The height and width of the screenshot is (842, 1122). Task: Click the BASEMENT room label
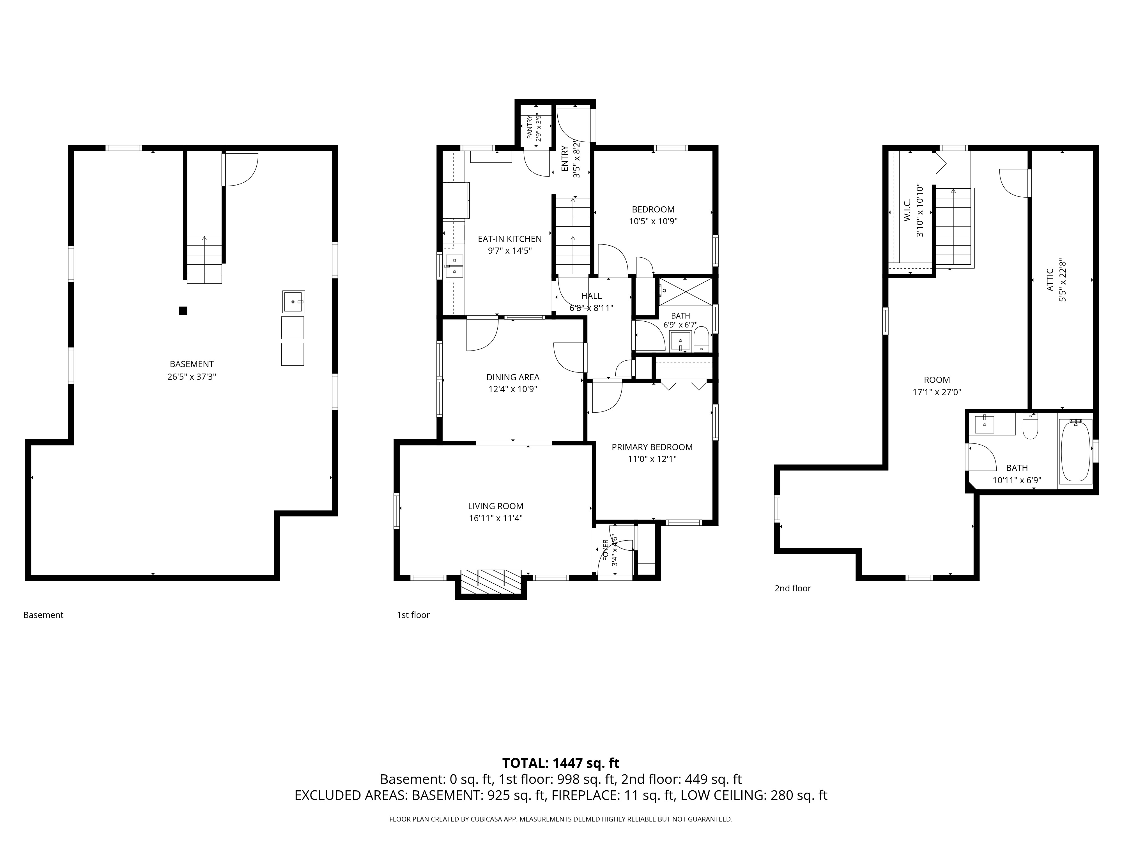pos(192,364)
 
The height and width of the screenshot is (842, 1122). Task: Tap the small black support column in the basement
pos(183,311)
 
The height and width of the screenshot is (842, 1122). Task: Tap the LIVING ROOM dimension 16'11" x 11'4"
pos(496,518)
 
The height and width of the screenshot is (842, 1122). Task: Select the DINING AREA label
pos(513,377)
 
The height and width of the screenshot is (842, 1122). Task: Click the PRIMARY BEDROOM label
pos(652,447)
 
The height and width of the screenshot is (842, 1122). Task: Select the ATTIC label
pos(1050,280)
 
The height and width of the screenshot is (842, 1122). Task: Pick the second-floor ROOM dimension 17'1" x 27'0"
pos(937,392)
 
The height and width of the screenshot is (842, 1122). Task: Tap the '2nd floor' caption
pos(792,588)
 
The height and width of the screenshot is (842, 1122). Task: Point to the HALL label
pos(591,296)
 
